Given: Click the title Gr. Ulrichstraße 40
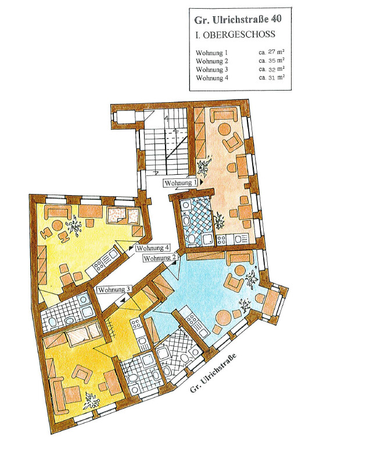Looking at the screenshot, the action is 238,20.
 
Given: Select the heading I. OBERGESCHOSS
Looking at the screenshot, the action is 235,35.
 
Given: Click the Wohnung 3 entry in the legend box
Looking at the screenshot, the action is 212,70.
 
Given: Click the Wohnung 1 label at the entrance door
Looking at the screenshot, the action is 181,183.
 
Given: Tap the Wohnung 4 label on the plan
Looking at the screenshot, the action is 153,248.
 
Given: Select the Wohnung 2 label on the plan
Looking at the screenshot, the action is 160,258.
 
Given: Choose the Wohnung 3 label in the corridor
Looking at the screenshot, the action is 114,289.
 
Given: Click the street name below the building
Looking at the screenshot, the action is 213,373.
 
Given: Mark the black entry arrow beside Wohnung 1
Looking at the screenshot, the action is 201,182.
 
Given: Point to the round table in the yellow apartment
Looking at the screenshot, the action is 58,226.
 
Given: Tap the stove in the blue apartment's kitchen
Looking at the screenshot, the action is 191,319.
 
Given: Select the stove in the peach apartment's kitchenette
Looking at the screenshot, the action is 221,239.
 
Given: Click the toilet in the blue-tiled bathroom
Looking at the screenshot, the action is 192,239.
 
